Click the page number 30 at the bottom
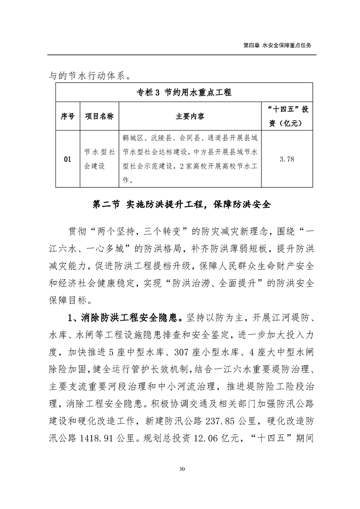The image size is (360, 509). click(x=180, y=481)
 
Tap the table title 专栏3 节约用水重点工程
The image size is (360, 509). click(x=184, y=93)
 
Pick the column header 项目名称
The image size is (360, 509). click(x=99, y=116)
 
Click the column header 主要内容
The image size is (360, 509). click(x=190, y=116)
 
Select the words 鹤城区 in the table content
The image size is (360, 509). click(x=133, y=137)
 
